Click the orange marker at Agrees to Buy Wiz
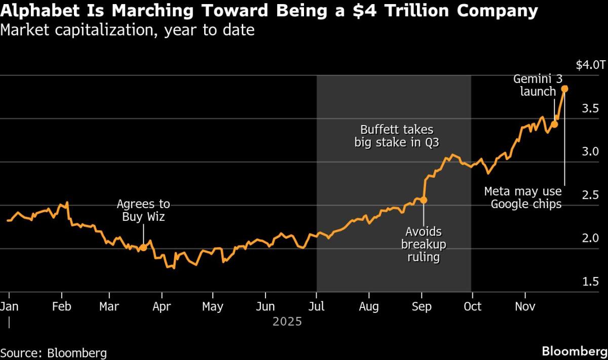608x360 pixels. [x=143, y=248]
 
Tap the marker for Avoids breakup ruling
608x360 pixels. [x=424, y=200]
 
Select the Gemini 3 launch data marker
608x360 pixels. [x=555, y=124]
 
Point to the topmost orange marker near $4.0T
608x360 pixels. [x=565, y=89]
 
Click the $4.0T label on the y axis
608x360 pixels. [x=590, y=65]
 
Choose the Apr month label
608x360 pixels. [x=161, y=307]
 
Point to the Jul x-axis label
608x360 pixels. [x=317, y=307]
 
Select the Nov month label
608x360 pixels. [x=524, y=307]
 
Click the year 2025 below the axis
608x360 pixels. [x=287, y=322]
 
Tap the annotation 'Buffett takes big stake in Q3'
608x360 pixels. [x=396, y=136]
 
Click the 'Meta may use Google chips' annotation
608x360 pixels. [x=523, y=197]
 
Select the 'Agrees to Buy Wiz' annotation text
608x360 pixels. [x=143, y=211]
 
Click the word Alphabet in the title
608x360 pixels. [x=33, y=11]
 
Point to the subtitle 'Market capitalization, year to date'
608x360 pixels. [x=127, y=31]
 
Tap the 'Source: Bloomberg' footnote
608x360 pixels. [x=53, y=352]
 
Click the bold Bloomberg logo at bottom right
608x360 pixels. [x=574, y=351]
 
